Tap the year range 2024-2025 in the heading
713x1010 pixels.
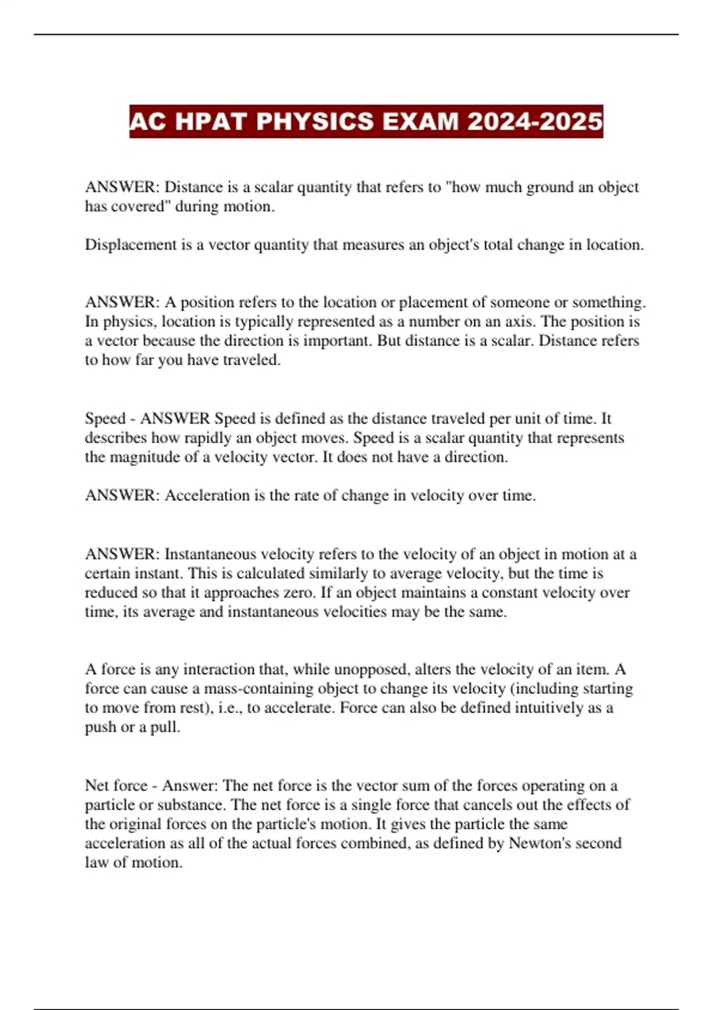click(535, 122)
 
